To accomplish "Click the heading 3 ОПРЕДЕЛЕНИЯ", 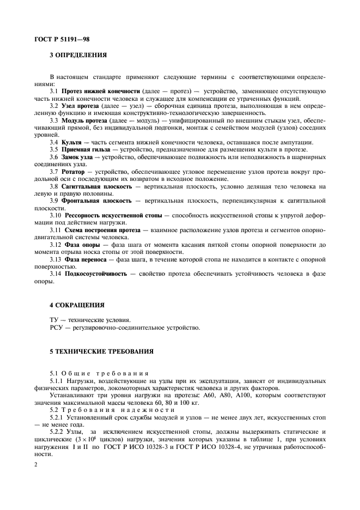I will point(78,55).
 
